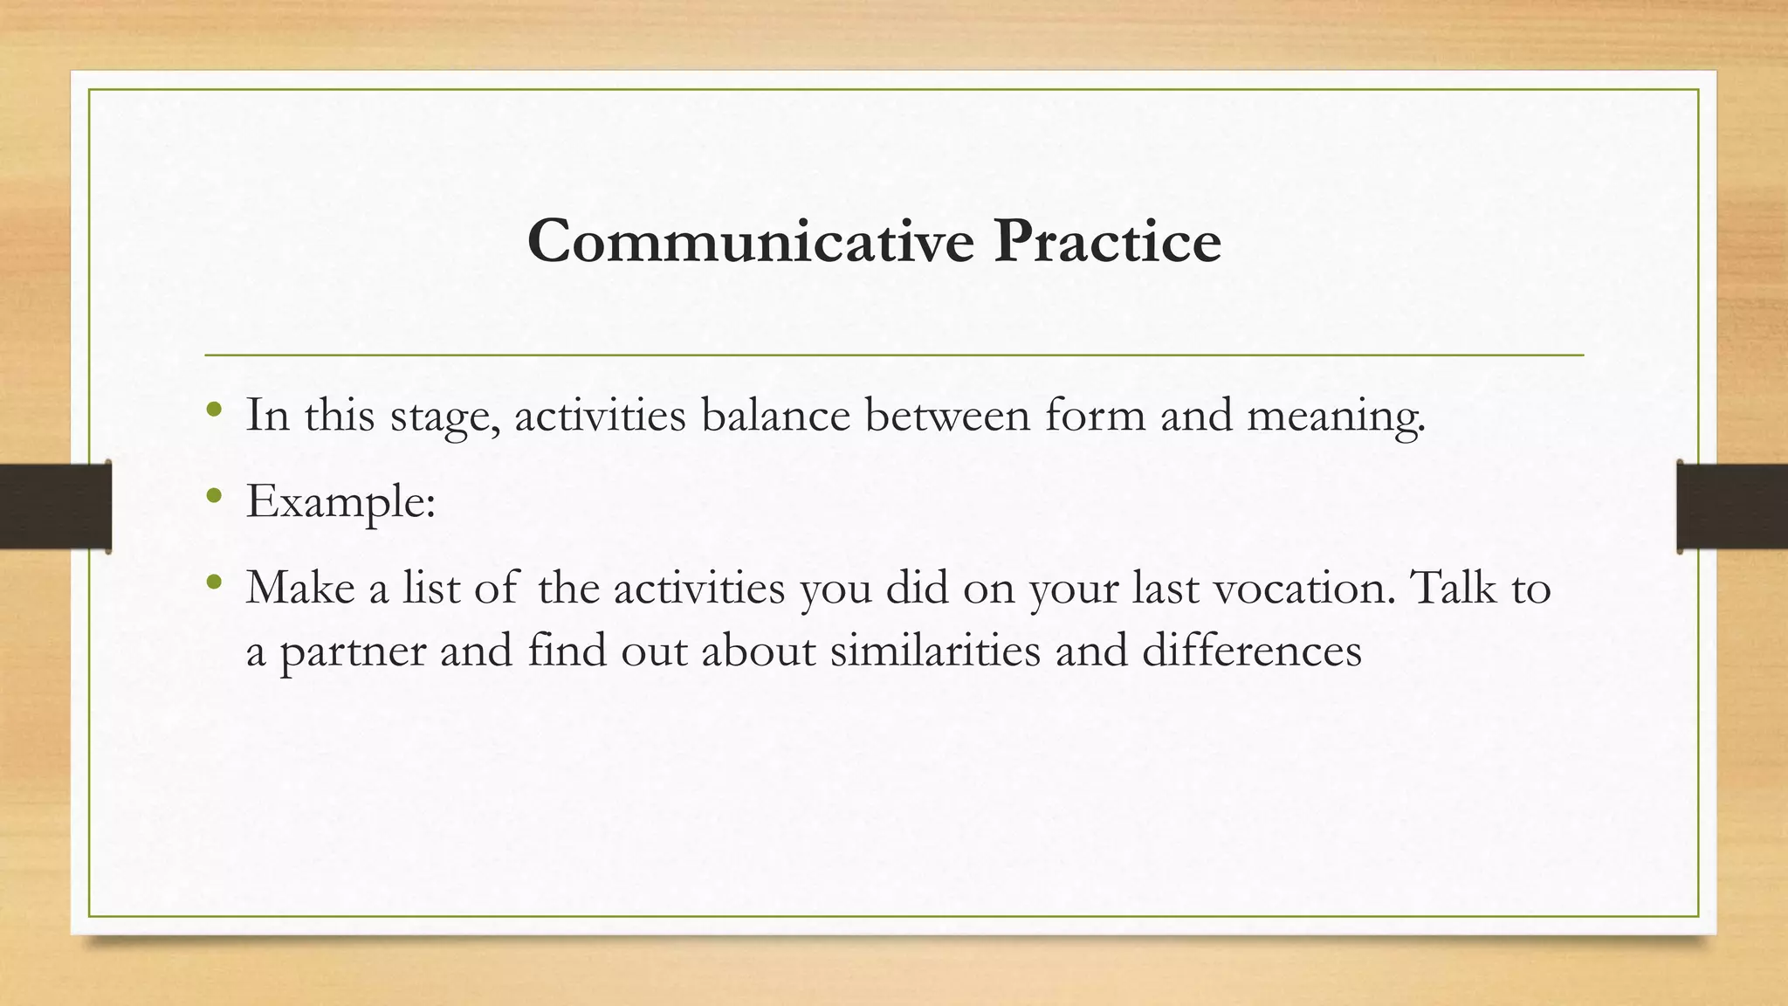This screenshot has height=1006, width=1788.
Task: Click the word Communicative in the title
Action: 750,241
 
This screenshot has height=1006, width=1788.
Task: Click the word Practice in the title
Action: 1107,241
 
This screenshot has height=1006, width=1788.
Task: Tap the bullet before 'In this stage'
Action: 215,409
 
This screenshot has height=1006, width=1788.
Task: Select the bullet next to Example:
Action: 215,496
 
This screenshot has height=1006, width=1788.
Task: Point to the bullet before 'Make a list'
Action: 215,582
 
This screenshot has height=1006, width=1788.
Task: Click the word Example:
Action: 340,502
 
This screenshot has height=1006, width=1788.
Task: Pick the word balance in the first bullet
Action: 775,415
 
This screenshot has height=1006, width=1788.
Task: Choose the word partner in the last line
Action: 352,651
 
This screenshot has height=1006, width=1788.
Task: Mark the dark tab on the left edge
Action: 55,506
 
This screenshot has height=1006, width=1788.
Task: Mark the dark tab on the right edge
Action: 1732,506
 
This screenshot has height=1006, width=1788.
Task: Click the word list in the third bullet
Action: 430,587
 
